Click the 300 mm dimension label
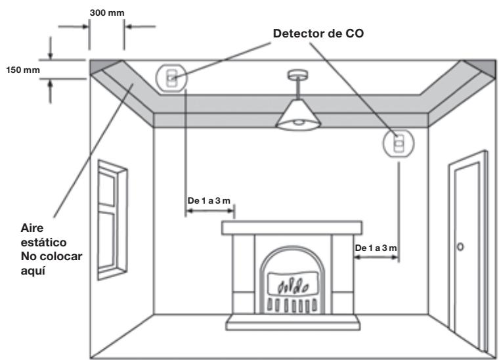click(x=107, y=13)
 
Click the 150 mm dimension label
click(x=23, y=70)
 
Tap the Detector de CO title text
click(x=318, y=34)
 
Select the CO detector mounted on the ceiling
click(x=171, y=78)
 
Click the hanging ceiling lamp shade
click(x=298, y=114)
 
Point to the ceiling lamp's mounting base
click(x=298, y=75)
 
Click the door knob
click(x=460, y=247)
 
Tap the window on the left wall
click(x=112, y=220)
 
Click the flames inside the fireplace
click(x=293, y=285)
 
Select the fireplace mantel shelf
click(x=292, y=228)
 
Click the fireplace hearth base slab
click(x=293, y=322)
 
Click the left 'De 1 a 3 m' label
click(x=209, y=201)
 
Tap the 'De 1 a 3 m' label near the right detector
click(x=376, y=248)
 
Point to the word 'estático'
click(x=43, y=242)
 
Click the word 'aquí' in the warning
click(x=33, y=271)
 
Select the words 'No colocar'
click(x=52, y=256)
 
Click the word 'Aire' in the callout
click(x=32, y=228)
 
